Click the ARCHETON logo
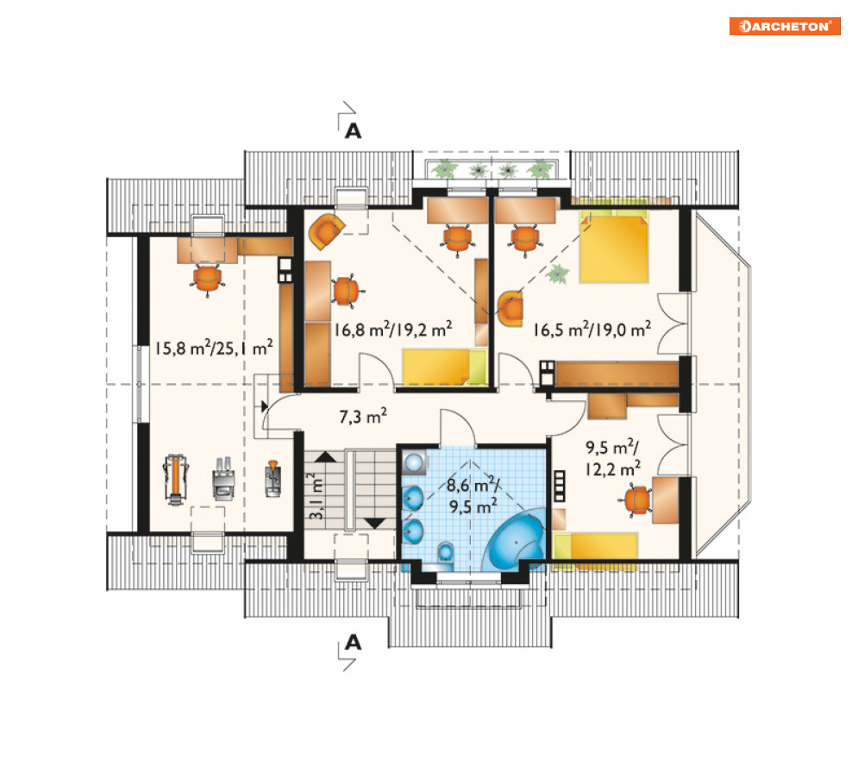785,26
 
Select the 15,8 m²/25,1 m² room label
213,348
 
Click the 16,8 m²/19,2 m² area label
393,330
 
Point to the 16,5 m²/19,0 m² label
592,330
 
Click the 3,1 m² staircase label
316,496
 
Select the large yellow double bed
614,247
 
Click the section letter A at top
353,131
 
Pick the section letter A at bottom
353,642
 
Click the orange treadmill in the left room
175,480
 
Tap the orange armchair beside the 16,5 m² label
511,309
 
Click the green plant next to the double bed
558,273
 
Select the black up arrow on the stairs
326,456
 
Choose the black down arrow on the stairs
375,523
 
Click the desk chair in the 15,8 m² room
208,279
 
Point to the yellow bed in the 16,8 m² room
444,367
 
